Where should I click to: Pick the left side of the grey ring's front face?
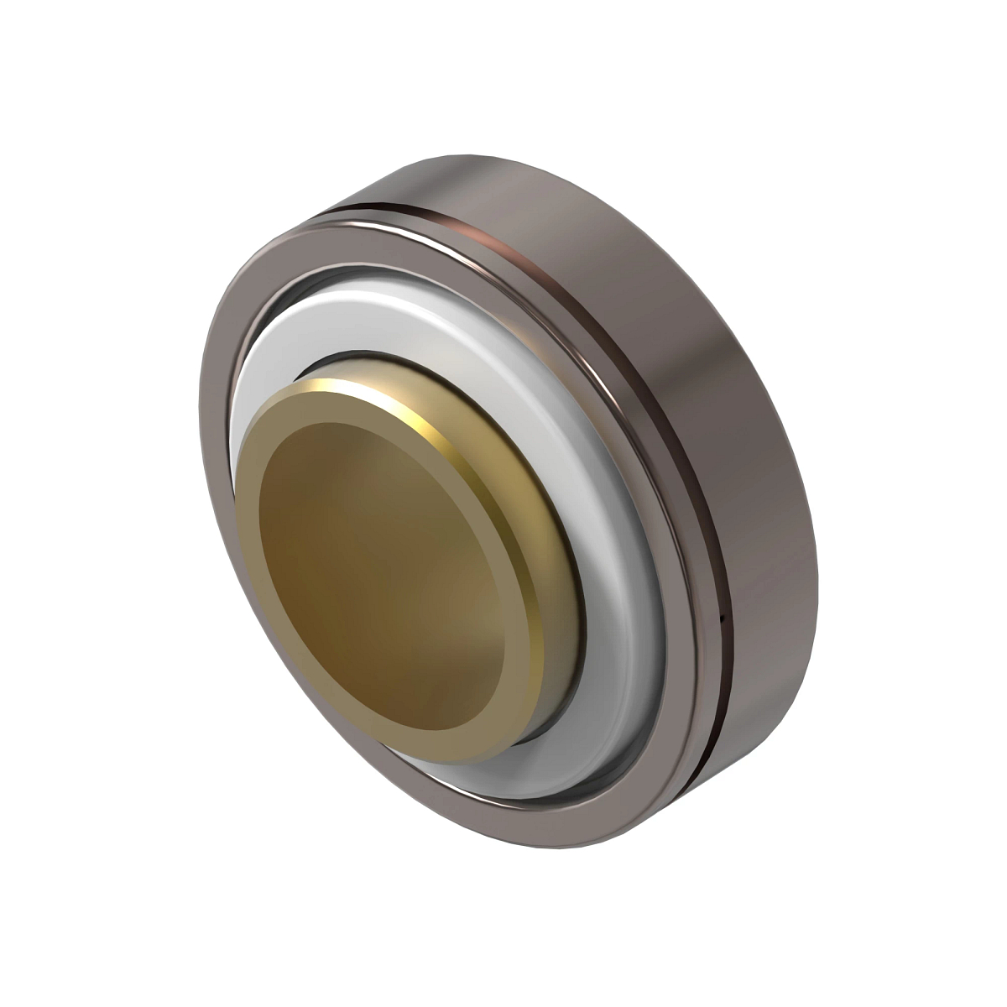pyautogui.click(x=222, y=503)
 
